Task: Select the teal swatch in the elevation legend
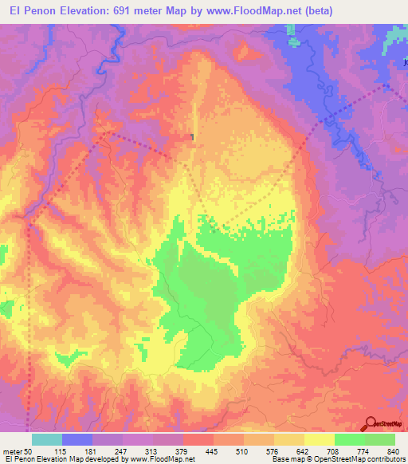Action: (x=47, y=439)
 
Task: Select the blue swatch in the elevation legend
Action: (x=77, y=439)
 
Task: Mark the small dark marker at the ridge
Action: (x=193, y=137)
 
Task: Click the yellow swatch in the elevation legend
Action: (x=320, y=439)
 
